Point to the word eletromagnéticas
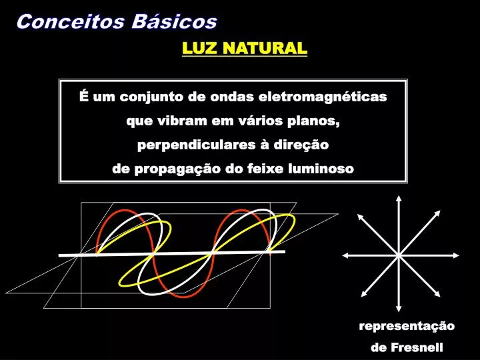tap(331, 97)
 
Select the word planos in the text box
tap(315, 122)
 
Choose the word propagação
tap(176, 169)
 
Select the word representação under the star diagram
tap(407, 326)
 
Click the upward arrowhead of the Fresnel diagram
tap(399, 198)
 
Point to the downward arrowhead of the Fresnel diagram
tap(399, 309)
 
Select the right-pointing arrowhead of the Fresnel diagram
tap(453, 255)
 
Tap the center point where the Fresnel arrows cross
tap(399, 255)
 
